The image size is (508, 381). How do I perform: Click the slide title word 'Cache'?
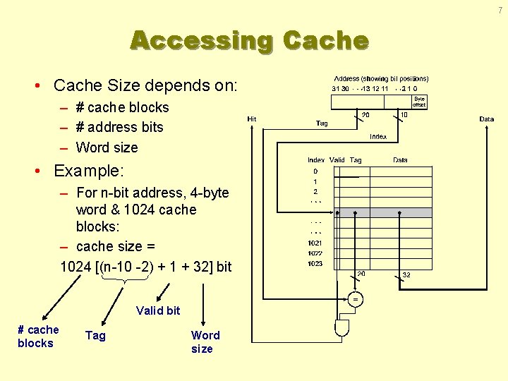pos(325,40)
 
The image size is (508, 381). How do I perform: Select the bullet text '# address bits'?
pos(119,127)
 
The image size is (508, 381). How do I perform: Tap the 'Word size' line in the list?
pos(107,147)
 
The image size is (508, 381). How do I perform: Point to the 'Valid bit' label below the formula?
pos(158,310)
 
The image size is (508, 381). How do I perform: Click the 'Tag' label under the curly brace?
pos(95,336)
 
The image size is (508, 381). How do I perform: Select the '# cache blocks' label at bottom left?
pos(38,336)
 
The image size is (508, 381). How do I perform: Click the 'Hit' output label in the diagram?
pos(252,119)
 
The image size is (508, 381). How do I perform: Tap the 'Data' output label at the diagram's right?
pos(487,119)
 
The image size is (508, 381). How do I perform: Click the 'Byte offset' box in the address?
pos(419,101)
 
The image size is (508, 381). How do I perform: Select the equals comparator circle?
pos(356,299)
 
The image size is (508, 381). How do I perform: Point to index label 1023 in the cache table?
pos(315,264)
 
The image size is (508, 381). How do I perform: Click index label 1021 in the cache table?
pos(315,243)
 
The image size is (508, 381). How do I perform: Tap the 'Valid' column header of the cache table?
pos(337,160)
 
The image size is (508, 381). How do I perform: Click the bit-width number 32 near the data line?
pos(406,274)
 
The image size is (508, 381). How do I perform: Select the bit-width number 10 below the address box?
pos(404,114)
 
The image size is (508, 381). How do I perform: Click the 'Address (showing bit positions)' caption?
pos(381,78)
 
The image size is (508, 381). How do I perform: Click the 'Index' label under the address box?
pos(378,136)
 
